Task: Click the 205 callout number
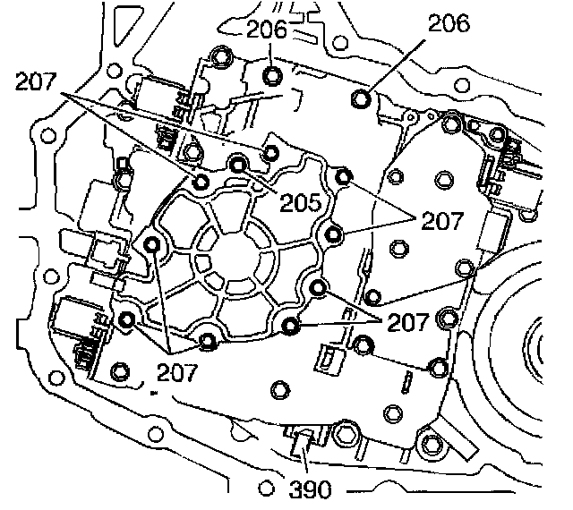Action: (299, 203)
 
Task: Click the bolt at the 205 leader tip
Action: (239, 163)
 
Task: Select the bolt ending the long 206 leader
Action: (363, 98)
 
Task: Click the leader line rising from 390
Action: (305, 460)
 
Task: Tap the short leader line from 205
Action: (266, 184)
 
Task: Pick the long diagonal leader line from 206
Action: (403, 64)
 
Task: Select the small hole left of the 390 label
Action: (265, 490)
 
